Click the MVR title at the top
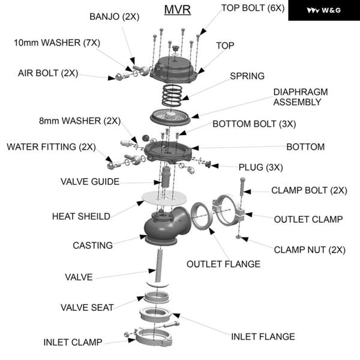[177, 11]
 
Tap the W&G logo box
[324, 10]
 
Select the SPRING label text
[247, 76]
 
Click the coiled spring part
[175, 95]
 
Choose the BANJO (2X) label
[114, 16]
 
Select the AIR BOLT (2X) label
[48, 73]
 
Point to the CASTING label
[92, 245]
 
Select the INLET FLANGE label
[263, 337]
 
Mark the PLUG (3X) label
[260, 167]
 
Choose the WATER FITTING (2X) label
[50, 146]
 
